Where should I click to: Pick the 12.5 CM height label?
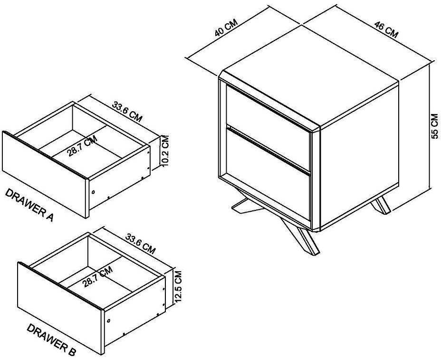(x=178, y=287)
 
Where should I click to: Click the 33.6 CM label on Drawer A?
(x=126, y=111)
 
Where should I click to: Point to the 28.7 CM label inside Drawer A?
(x=82, y=146)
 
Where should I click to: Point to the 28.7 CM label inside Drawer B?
(x=97, y=277)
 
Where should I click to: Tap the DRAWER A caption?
(x=29, y=205)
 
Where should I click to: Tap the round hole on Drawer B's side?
(x=108, y=322)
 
